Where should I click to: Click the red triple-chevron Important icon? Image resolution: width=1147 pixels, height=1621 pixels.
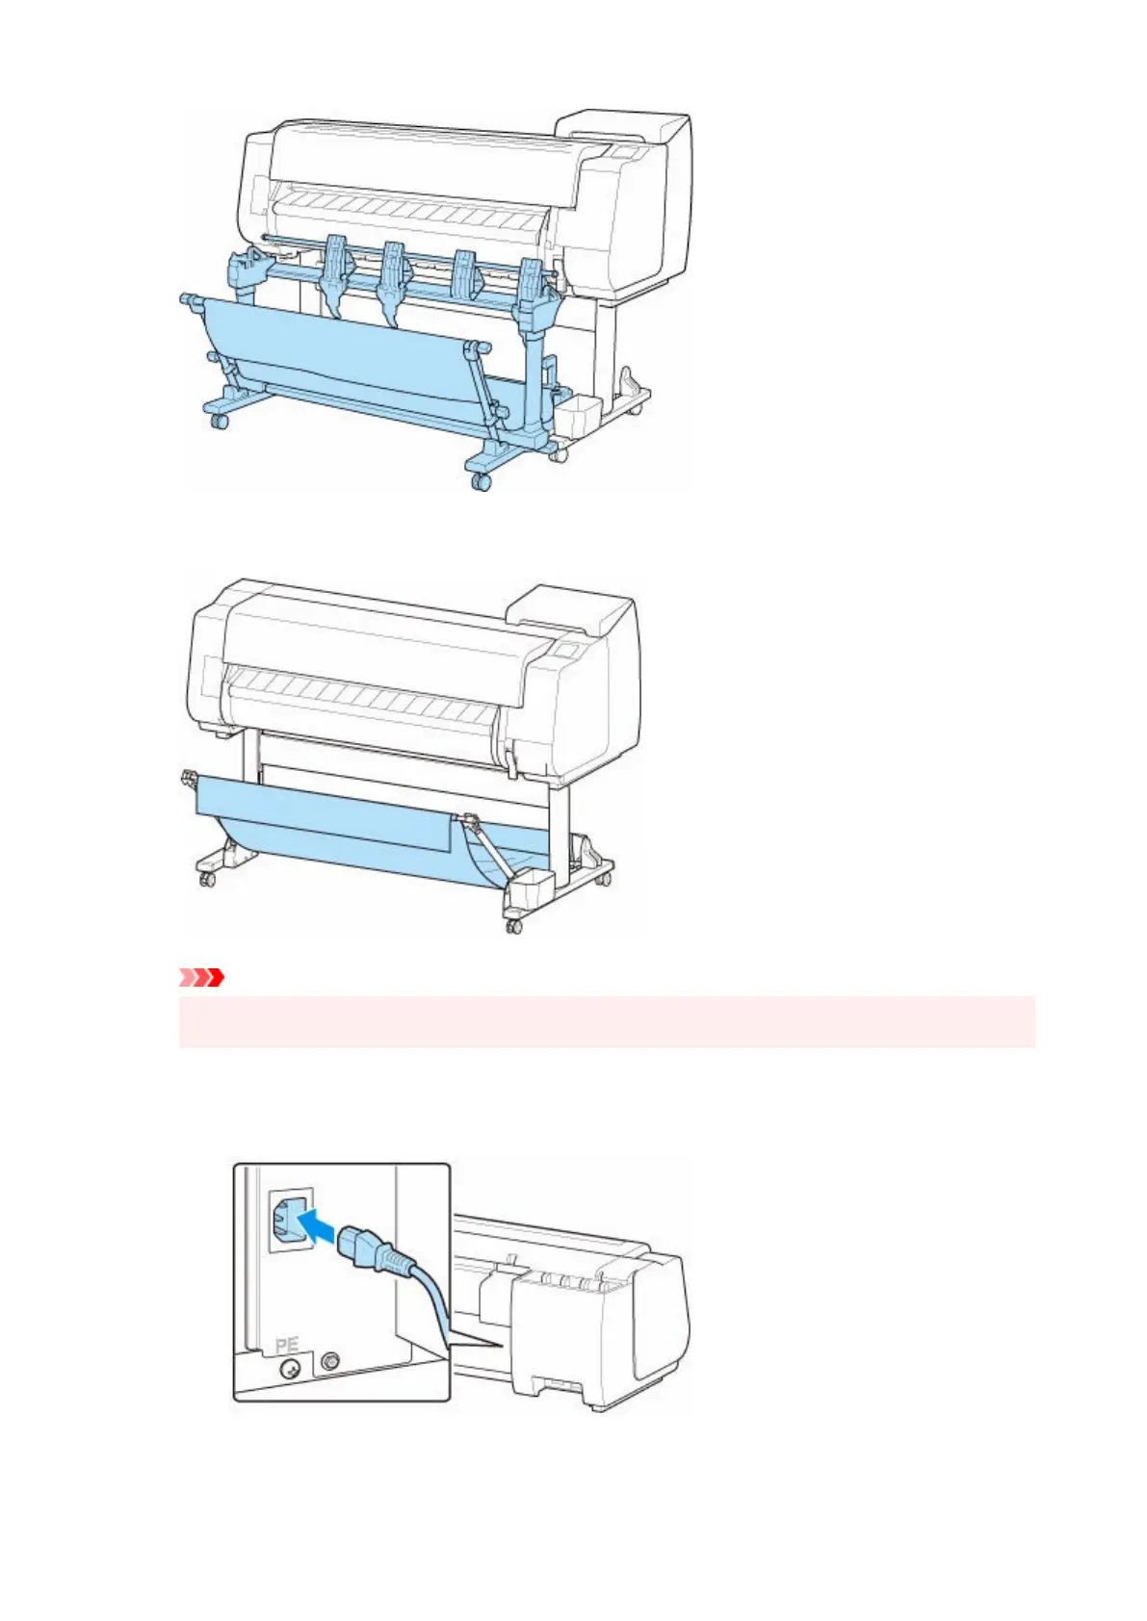201,978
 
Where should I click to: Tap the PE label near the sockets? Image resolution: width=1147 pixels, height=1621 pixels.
287,1345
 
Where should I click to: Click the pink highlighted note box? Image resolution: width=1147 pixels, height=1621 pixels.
607,1021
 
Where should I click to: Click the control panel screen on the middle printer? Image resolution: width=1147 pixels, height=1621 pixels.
567,652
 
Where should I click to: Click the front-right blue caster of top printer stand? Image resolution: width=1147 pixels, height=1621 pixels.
480,481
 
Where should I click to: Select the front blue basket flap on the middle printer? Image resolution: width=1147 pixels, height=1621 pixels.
323,817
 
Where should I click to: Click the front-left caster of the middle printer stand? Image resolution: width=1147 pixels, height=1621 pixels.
206,878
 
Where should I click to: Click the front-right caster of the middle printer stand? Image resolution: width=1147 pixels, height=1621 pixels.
513,925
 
